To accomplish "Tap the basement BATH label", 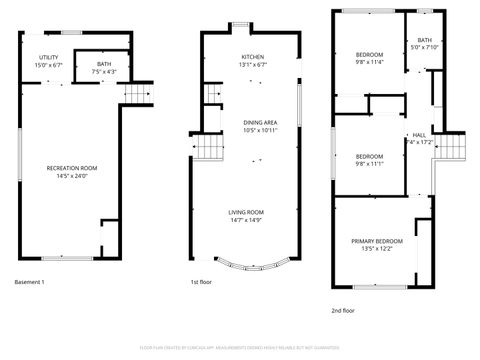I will (104, 63).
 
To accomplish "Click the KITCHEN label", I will (252, 57).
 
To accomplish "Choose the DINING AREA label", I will (260, 122).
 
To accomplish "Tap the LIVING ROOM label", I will (246, 212).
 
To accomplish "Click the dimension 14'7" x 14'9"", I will (246, 221).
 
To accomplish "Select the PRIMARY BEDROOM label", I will (377, 241).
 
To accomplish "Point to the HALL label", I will (418, 134).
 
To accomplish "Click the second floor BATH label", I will (424, 40).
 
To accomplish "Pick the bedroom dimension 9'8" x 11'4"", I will (369, 60).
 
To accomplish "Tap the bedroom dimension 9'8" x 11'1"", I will (369, 165).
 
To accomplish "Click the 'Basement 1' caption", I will (30, 282).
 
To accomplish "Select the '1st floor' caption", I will (200, 282).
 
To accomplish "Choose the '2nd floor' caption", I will (342, 310).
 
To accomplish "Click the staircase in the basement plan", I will (137, 94).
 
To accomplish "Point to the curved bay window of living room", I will (246, 267).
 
